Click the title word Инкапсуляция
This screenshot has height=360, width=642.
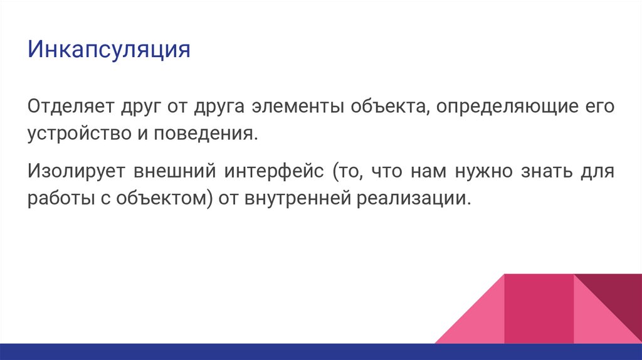click(108, 50)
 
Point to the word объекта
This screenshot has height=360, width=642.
click(384, 105)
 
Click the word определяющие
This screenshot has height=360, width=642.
click(503, 106)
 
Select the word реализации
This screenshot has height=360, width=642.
click(413, 199)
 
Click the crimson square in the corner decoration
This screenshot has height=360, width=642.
click(539, 308)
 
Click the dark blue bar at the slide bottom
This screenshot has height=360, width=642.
click(251, 352)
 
